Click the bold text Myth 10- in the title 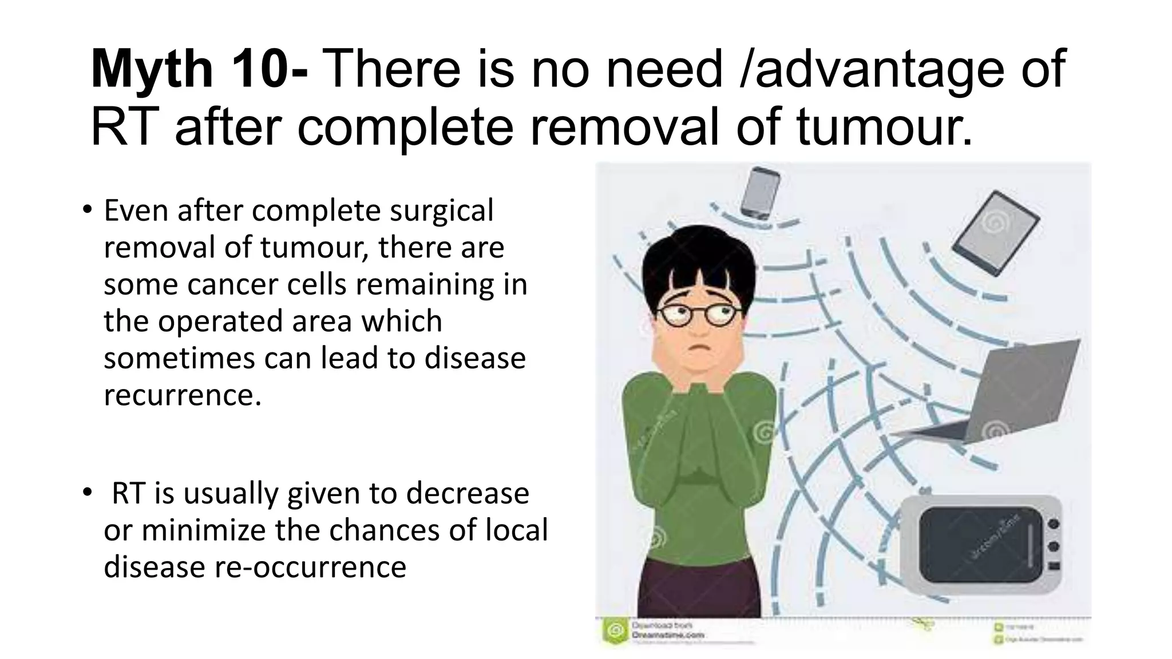coord(199,70)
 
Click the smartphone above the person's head coord(759,193)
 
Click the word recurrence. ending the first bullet coord(182,395)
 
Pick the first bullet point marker coord(86,209)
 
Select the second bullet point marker coord(86,492)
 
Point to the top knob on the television coord(1054,523)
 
